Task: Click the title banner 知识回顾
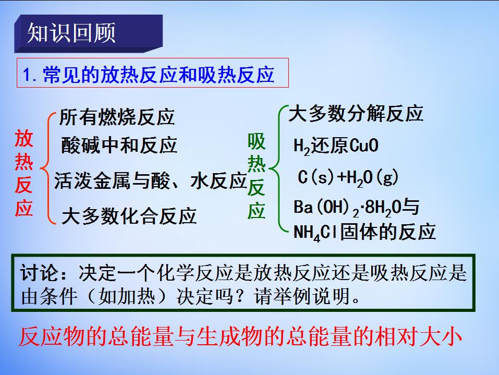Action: point(89,33)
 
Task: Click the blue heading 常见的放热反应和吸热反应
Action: point(159,75)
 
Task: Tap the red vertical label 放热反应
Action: point(24,174)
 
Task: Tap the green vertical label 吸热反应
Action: point(256,176)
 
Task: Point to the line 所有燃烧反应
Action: point(117,117)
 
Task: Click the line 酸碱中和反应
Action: point(119,145)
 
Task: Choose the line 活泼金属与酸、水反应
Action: point(151,180)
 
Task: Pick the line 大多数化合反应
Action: point(129,216)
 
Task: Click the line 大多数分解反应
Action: point(356,113)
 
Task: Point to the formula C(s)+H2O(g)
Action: point(348,178)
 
